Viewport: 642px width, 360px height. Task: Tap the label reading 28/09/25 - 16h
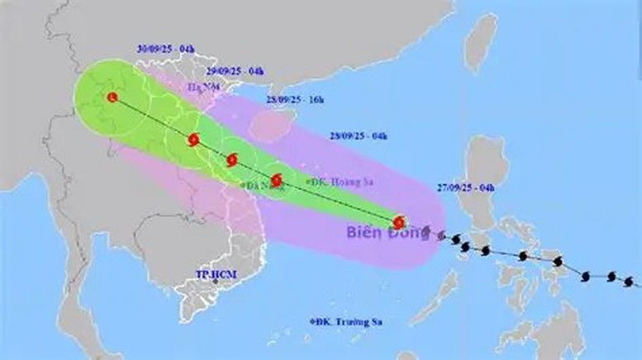click(295, 99)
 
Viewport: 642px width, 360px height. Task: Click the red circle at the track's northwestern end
click(112, 97)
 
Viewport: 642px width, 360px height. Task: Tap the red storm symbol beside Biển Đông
click(400, 222)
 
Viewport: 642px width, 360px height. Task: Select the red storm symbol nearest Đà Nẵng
click(278, 178)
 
